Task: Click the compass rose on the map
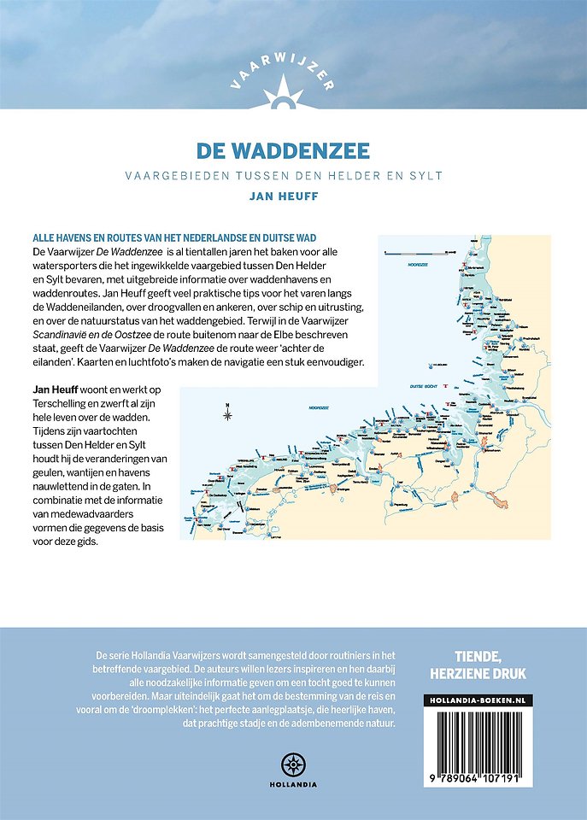click(x=228, y=415)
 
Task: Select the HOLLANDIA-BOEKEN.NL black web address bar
click(x=478, y=700)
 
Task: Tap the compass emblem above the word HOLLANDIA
click(x=293, y=764)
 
